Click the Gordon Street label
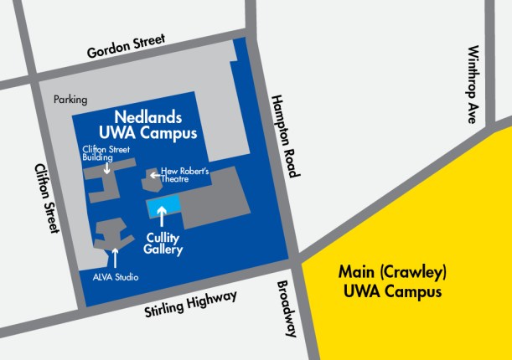point(127,49)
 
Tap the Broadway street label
point(286,308)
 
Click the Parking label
point(70,100)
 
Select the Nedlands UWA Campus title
point(150,126)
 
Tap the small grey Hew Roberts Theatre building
point(153,175)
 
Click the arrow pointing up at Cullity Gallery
point(162,218)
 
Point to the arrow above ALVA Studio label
point(115,256)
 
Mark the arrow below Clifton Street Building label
point(107,168)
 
